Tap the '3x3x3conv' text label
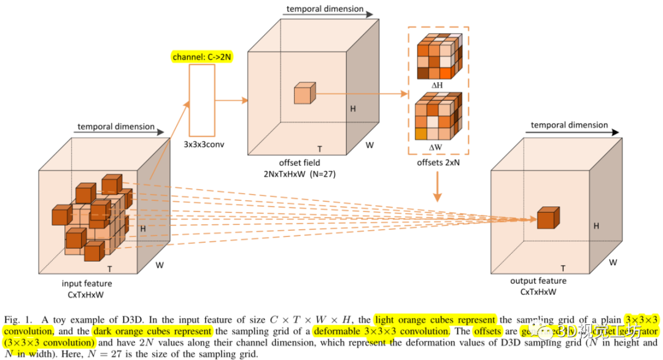click(x=201, y=144)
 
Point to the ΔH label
click(x=436, y=85)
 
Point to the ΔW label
click(x=436, y=147)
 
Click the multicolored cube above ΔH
click(x=438, y=56)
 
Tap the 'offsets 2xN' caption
click(x=437, y=163)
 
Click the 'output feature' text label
click(x=538, y=281)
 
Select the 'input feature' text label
click(x=87, y=283)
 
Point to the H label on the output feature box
click(x=595, y=226)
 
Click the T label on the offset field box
click(x=319, y=149)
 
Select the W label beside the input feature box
click(x=159, y=266)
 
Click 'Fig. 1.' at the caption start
click(x=17, y=320)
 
